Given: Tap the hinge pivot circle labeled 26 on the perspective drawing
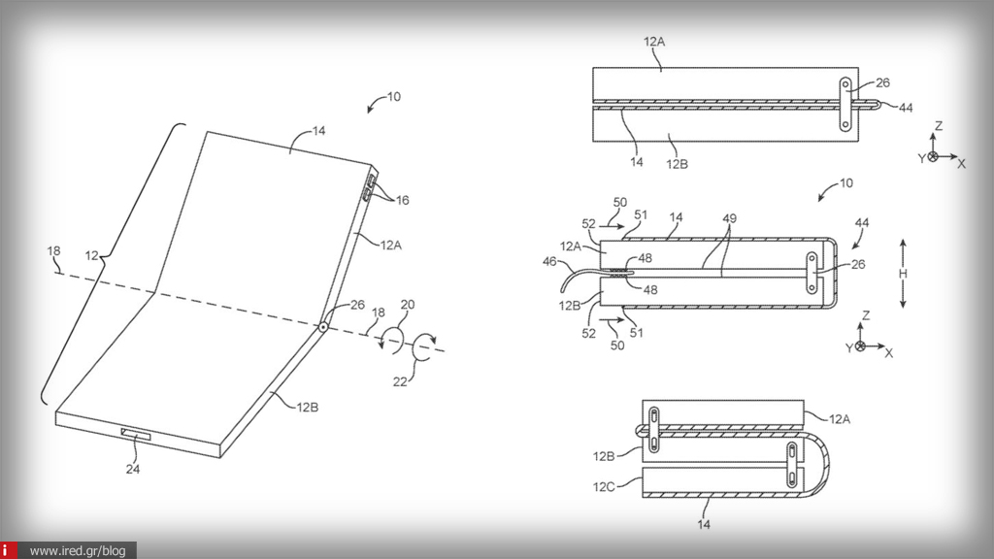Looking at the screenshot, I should tap(321, 327).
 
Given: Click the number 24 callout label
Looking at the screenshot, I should tap(132, 469).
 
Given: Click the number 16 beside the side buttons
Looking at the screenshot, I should tap(401, 201).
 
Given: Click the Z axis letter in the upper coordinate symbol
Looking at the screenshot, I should tap(938, 127).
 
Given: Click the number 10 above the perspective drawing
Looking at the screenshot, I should tap(392, 97).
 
